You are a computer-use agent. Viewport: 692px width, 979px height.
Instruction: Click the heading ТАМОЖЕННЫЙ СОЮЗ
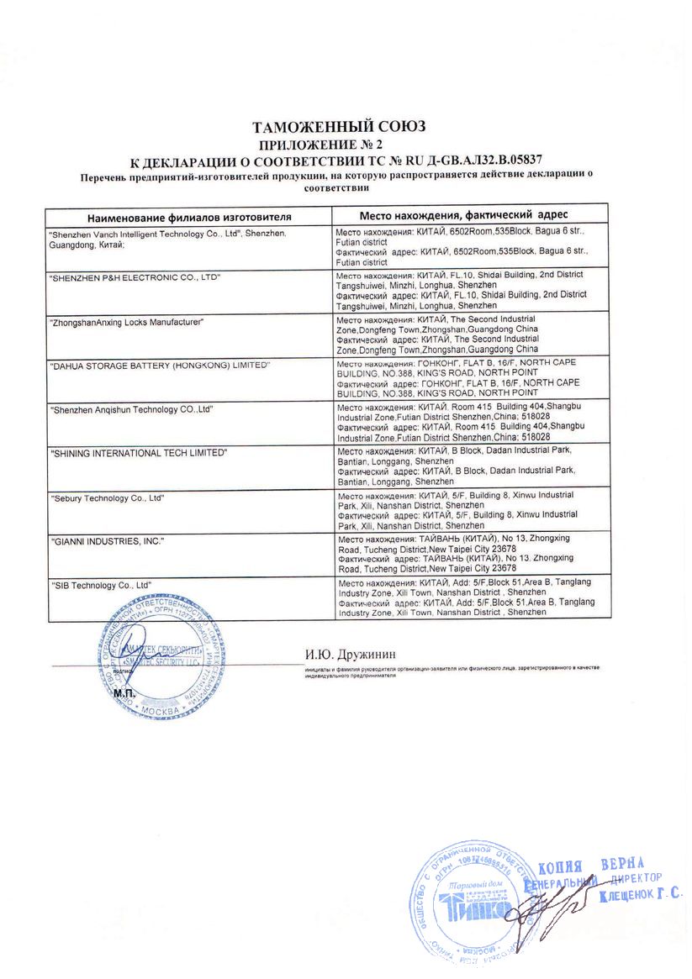coord(339,127)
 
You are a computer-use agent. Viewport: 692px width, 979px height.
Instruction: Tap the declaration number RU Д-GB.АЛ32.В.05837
coord(458,159)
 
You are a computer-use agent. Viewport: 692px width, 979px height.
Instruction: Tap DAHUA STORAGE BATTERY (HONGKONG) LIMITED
coord(161,366)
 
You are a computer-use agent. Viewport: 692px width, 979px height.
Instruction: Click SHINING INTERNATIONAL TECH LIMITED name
coord(140,453)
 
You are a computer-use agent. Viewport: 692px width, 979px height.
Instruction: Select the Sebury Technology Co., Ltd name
coord(108,498)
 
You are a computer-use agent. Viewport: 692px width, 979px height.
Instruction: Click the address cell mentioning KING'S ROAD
coord(458,376)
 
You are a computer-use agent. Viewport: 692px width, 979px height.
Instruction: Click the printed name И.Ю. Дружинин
coord(350,653)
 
